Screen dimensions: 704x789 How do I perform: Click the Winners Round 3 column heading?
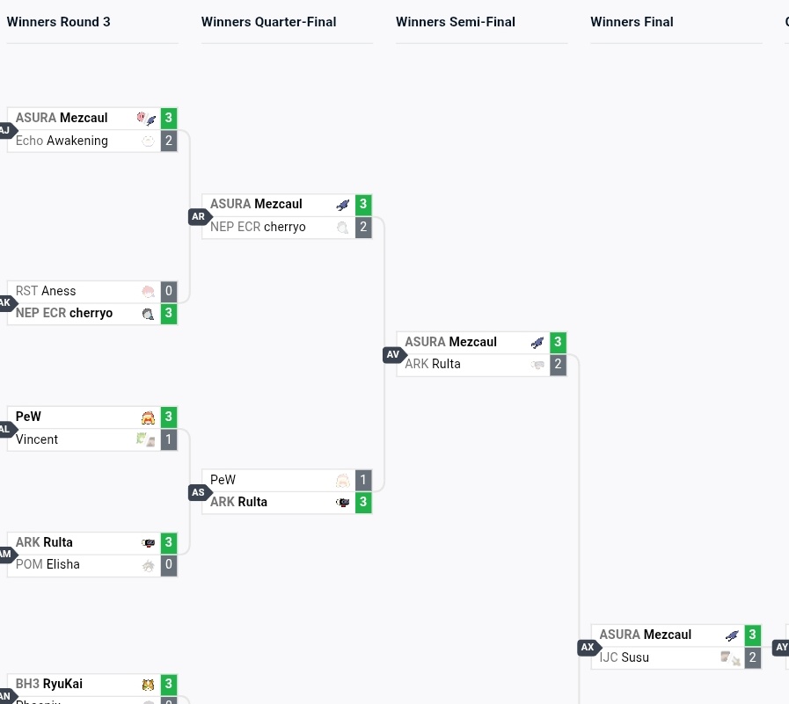(59, 22)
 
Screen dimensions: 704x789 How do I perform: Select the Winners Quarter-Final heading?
(268, 22)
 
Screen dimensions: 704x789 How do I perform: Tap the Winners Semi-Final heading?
(456, 22)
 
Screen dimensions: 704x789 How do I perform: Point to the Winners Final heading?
(632, 22)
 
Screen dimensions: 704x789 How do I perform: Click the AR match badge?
(198, 217)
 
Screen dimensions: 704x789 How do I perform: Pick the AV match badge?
(392, 355)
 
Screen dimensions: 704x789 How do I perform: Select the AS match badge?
(198, 493)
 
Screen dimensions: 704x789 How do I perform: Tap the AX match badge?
(588, 648)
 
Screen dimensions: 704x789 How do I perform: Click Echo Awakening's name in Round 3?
(62, 141)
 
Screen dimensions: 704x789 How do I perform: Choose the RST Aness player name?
(46, 291)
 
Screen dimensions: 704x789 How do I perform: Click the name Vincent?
(37, 439)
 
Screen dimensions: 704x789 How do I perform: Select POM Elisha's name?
(47, 564)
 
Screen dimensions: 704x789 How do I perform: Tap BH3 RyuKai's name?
(49, 684)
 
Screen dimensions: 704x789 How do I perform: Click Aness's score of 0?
(169, 291)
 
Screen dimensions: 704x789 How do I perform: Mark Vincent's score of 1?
(169, 439)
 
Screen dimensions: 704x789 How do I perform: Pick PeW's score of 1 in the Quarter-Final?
(363, 480)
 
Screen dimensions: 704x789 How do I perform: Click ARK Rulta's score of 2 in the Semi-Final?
(558, 364)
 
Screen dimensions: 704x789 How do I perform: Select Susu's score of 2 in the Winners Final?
(752, 657)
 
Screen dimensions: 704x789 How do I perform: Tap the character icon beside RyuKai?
(149, 684)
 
